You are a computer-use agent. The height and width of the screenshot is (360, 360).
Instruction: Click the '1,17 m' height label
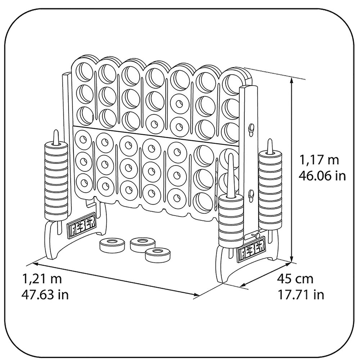point(319,160)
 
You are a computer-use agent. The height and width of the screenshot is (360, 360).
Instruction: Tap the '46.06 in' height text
point(322,176)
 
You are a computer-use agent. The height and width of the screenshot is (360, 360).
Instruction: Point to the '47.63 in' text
point(45,295)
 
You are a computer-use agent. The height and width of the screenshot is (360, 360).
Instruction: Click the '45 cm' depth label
point(295,279)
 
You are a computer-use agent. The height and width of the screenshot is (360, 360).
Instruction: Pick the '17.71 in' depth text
point(301,295)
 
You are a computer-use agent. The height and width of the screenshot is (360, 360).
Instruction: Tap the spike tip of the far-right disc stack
point(270,140)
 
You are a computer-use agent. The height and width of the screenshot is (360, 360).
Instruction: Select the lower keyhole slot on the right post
point(251,195)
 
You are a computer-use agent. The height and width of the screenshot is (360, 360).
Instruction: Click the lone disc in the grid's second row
point(178,104)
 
